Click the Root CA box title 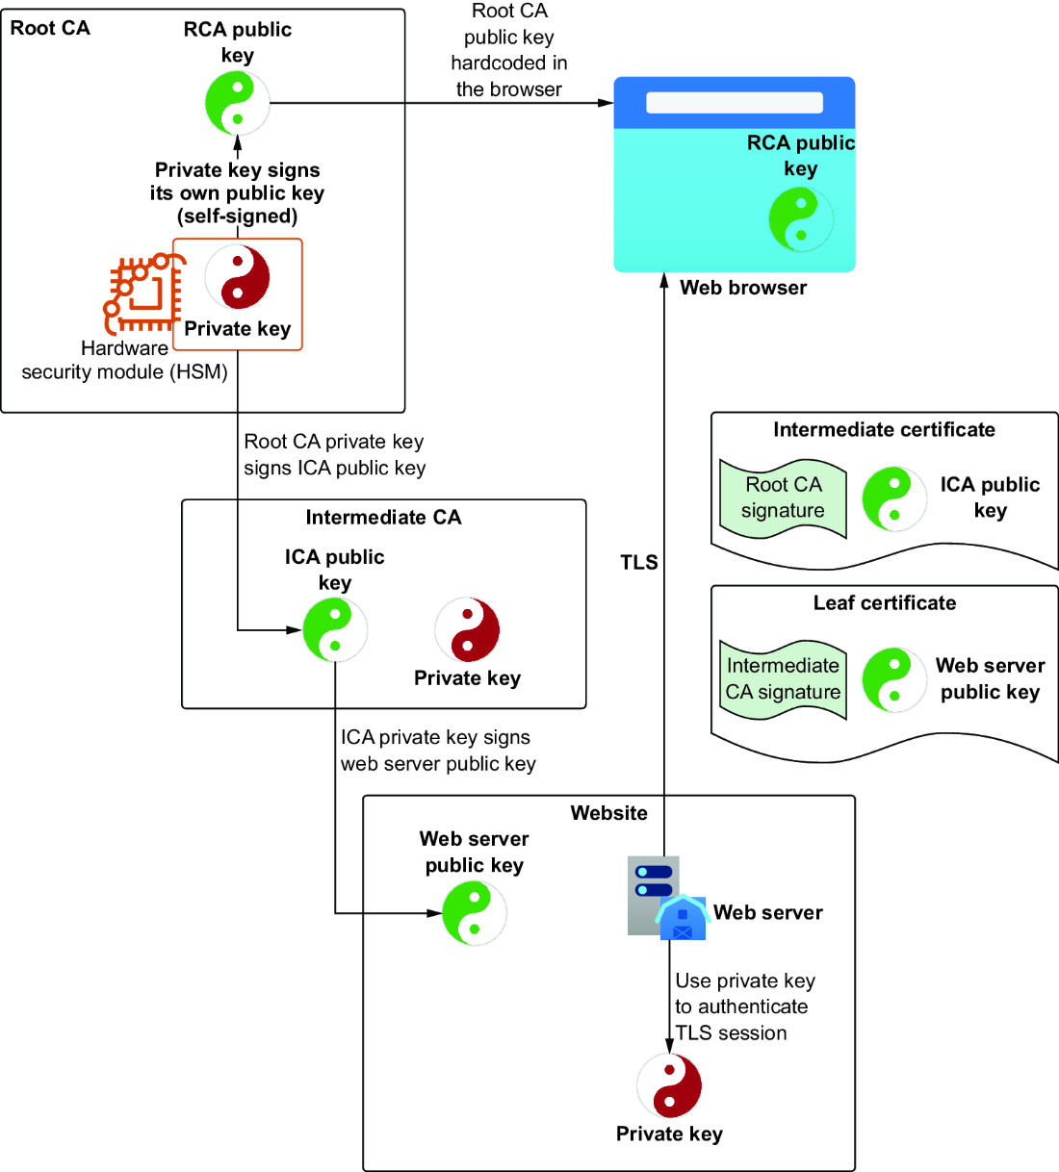(x=50, y=28)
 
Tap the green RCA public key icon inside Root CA (x=238, y=103)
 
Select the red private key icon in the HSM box (x=238, y=277)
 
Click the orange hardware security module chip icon (x=143, y=293)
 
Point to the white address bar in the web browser (x=735, y=102)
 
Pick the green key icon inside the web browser (x=801, y=219)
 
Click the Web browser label (x=743, y=288)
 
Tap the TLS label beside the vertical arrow (x=639, y=562)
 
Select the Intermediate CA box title (x=383, y=517)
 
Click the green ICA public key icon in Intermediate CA (x=335, y=630)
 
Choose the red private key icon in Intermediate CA (x=467, y=630)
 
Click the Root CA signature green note (x=783, y=498)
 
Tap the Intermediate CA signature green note (x=783, y=679)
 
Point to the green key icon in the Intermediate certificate (x=894, y=499)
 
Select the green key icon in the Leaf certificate (x=894, y=679)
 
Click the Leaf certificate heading (x=885, y=602)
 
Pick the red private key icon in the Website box (x=669, y=1085)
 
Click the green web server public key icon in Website (x=475, y=913)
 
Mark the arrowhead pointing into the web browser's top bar (x=606, y=103)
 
